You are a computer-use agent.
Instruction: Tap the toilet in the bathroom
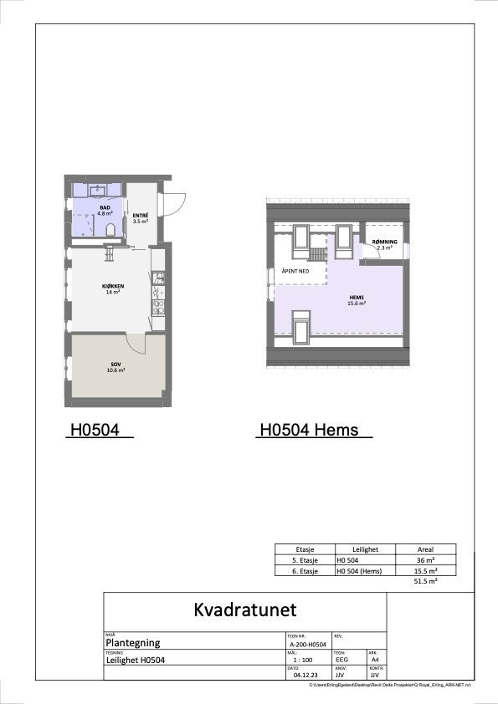point(110,229)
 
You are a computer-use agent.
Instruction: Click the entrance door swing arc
point(179,204)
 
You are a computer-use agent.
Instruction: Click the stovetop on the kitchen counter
point(157,307)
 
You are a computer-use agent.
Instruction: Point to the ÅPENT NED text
point(296,272)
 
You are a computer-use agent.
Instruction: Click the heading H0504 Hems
point(309,431)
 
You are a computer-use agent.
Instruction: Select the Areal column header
point(424,549)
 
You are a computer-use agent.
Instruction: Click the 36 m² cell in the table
point(424,560)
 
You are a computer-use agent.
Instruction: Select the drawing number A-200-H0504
point(307,645)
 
